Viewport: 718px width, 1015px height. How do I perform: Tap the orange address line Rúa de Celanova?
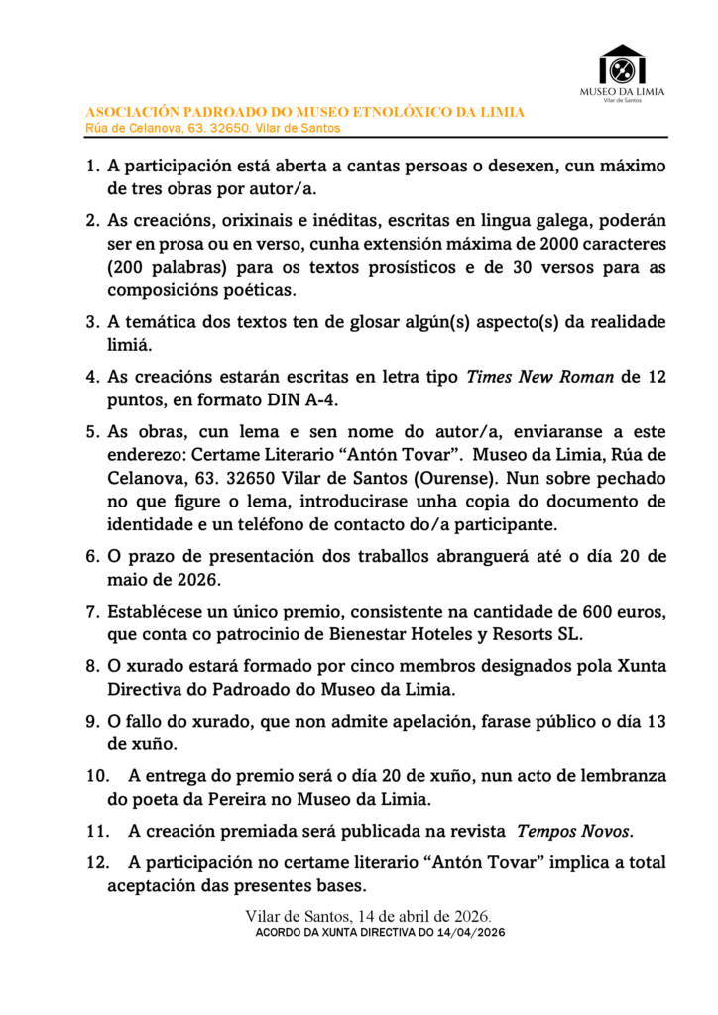[213, 128]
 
